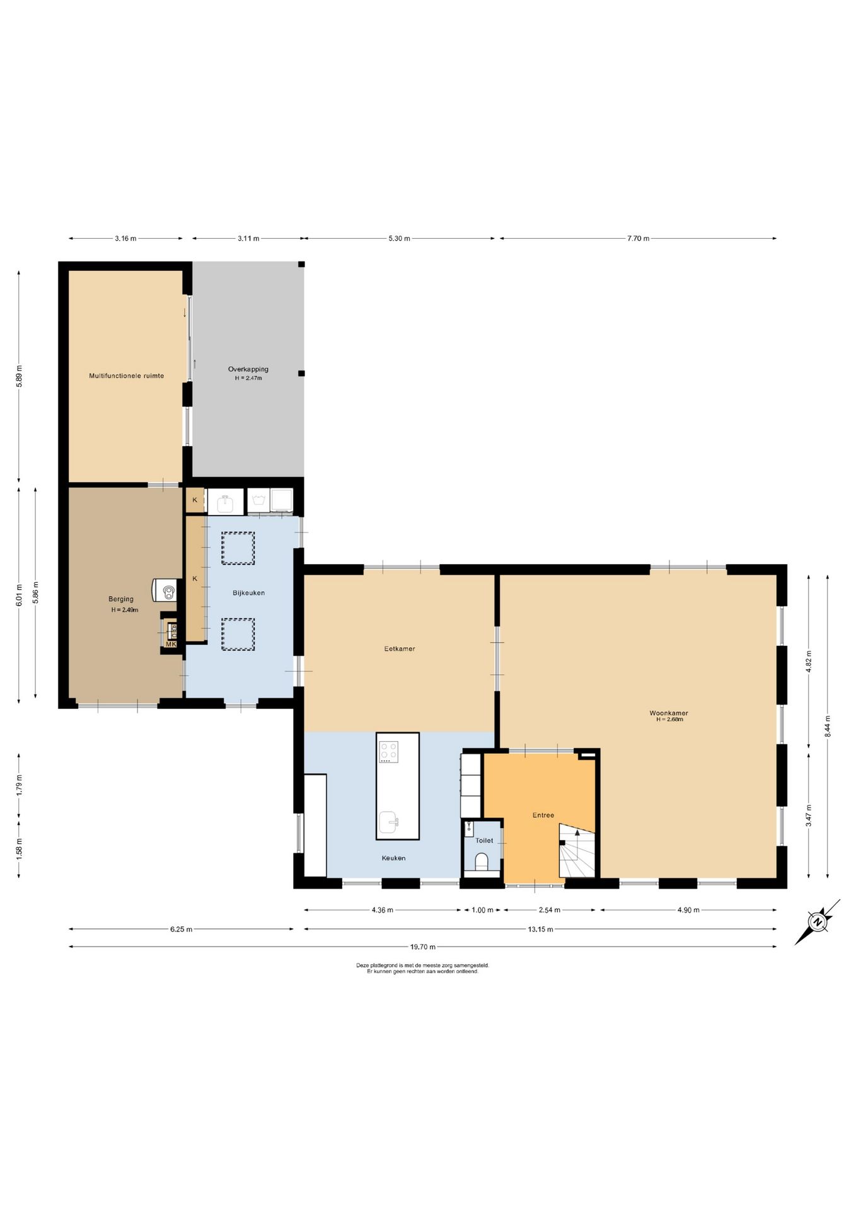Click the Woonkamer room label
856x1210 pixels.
669,713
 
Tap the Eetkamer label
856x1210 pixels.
400,648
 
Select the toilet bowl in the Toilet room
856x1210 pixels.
482,861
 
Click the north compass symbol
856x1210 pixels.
818,923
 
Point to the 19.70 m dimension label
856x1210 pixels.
423,947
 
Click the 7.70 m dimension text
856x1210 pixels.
638,238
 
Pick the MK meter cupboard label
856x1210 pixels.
171,644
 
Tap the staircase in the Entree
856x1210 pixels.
577,850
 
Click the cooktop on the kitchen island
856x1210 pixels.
388,752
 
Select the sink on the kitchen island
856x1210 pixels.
389,822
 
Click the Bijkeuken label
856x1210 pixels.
248,593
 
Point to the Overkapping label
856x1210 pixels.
248,369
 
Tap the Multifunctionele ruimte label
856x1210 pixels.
127,376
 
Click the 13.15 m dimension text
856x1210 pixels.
541,929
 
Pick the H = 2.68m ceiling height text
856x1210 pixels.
669,720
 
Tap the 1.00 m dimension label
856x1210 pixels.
483,910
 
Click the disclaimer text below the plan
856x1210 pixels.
423,968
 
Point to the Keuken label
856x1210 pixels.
393,858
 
